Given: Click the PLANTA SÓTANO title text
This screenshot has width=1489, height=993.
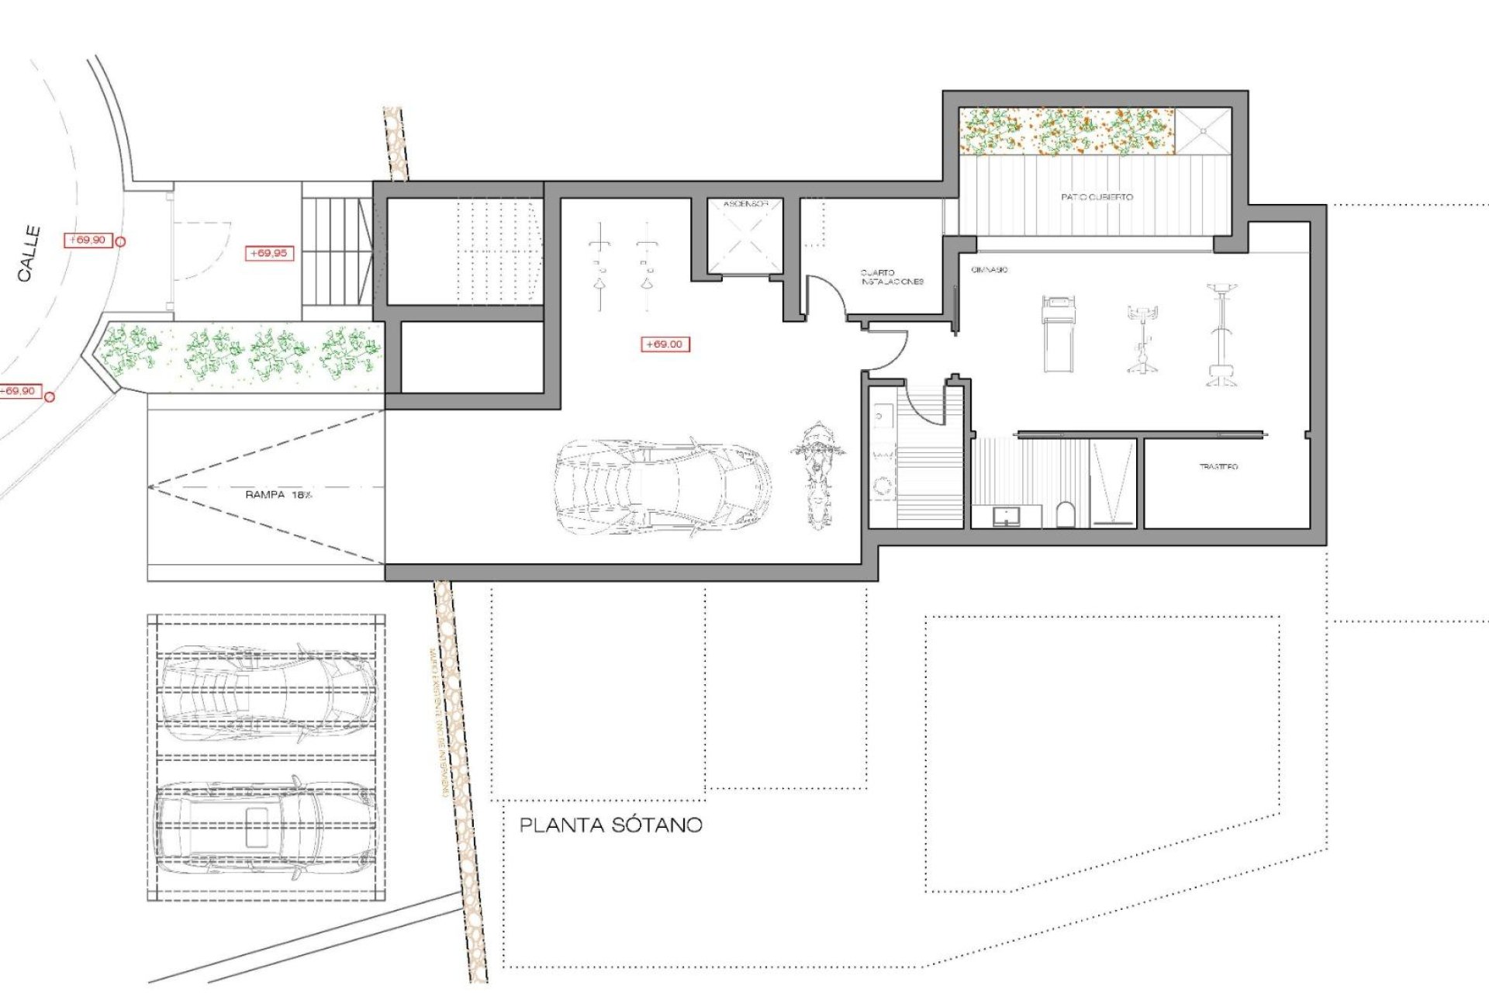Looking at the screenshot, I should point(610,825).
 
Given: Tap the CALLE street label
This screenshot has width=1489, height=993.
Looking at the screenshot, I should point(29,253).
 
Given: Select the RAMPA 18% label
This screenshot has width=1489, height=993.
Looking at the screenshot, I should point(278,494).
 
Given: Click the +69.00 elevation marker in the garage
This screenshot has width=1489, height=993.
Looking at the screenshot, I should point(665,344).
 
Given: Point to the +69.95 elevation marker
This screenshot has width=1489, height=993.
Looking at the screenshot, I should point(268,253).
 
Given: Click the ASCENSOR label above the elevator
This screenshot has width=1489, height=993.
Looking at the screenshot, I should point(745,204).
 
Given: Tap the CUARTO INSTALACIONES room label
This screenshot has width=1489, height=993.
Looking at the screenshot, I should point(892,277).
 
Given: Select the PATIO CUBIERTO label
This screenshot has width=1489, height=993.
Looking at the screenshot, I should point(1097,197).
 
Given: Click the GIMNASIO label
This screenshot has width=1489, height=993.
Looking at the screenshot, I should point(989,269).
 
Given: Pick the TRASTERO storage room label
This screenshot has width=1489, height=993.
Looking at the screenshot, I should point(1218,466).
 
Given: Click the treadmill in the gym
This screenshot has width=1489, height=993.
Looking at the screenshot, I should point(1059,332).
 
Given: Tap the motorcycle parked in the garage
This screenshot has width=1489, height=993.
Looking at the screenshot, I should point(817,475).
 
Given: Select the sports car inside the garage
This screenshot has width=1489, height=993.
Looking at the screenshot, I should point(663,488).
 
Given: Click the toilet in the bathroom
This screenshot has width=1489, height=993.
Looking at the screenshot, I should point(1066,514).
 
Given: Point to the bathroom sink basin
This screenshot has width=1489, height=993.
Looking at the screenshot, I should point(1007,515).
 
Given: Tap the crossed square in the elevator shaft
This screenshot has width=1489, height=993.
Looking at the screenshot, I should point(745,241).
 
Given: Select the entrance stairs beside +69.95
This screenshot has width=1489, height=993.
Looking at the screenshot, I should point(337,251).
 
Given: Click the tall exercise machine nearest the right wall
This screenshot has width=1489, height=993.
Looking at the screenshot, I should point(1221,335).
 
